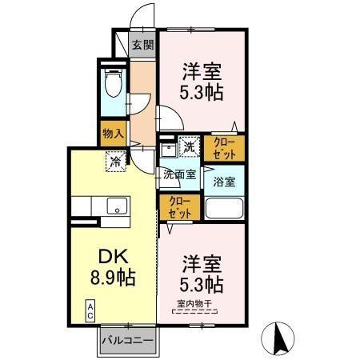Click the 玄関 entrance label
pos(142,45)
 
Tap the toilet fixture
pos(113,83)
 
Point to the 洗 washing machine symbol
pos(188,146)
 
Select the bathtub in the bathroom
pos(224,209)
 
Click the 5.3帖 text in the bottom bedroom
pos(202,283)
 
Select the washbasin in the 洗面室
pos(168,149)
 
